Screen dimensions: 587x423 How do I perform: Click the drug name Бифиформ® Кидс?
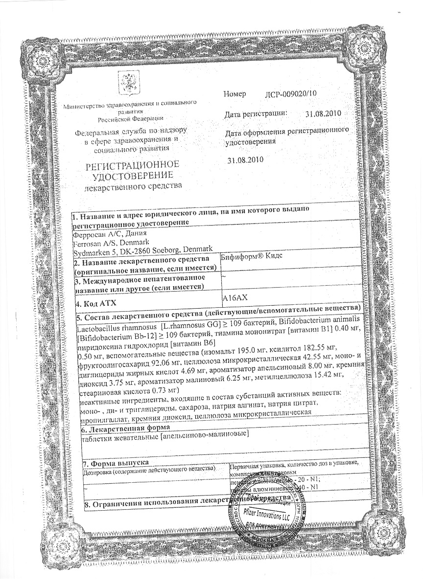(x=252, y=256)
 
